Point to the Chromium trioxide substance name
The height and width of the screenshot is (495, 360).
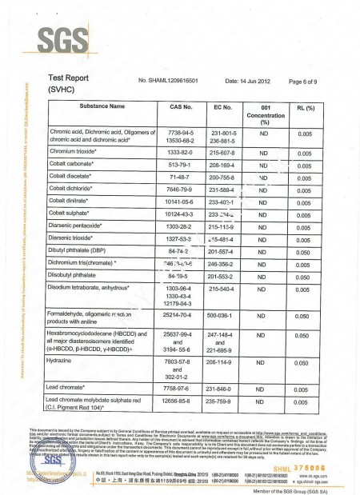76,151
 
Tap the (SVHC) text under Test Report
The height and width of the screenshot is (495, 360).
65,90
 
